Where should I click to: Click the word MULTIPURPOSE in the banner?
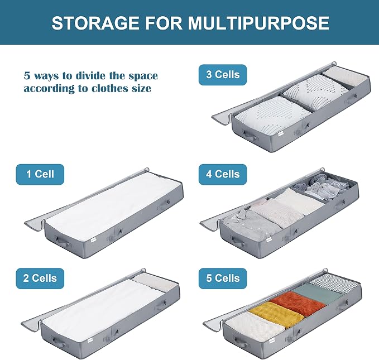pyautogui.click(x=258, y=23)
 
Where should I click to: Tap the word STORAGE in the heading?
pyautogui.click(x=95, y=23)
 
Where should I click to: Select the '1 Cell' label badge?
pyautogui.click(x=40, y=174)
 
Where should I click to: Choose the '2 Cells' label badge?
pyautogui.click(x=40, y=279)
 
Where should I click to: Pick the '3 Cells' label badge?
pyautogui.click(x=223, y=75)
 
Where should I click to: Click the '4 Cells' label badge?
pyautogui.click(x=223, y=174)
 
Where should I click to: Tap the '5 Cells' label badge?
pyautogui.click(x=223, y=279)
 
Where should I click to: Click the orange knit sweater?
pyautogui.click(x=298, y=303)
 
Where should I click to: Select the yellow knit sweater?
pyautogui.click(x=276, y=314)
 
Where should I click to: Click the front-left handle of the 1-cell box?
pyautogui.click(x=63, y=242)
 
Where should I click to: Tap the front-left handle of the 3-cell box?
pyautogui.click(x=251, y=136)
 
